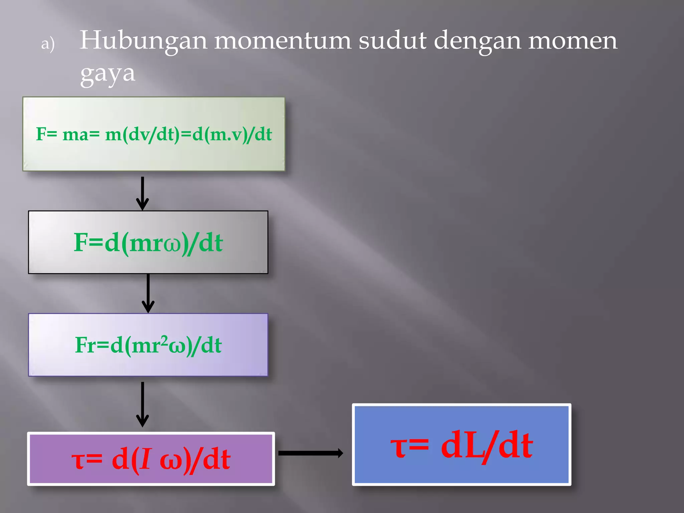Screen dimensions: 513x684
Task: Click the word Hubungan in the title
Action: click(x=144, y=41)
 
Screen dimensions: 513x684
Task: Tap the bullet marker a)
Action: click(x=48, y=44)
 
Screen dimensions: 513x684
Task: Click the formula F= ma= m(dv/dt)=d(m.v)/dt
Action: click(x=154, y=134)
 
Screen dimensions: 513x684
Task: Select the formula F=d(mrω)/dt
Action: click(x=148, y=243)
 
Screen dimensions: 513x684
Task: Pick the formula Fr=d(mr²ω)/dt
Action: click(x=148, y=345)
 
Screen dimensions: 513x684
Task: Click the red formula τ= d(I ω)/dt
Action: click(x=151, y=459)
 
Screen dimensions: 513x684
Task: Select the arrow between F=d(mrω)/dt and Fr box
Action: click(x=148, y=293)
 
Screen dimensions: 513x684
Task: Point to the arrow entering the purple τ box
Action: click(x=143, y=404)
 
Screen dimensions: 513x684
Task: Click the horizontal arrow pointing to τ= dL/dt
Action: click(x=310, y=453)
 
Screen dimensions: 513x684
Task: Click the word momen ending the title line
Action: click(x=572, y=41)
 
